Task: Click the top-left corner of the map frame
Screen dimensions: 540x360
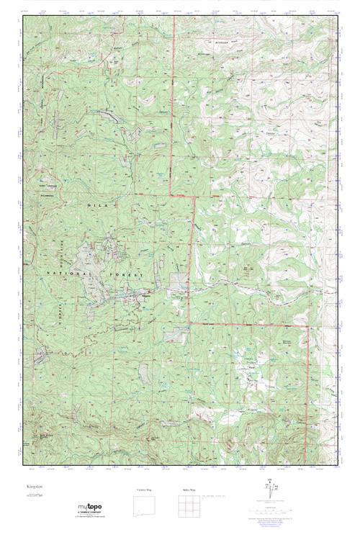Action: click(x=23, y=14)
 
